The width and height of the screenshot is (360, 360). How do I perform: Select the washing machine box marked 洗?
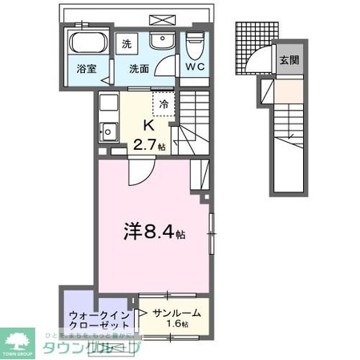coord(127,45)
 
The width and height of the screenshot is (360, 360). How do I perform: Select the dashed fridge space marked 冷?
coord(164,103)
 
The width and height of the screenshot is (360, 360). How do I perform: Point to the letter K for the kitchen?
coord(148,127)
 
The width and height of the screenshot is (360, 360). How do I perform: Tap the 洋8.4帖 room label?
coord(154,233)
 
